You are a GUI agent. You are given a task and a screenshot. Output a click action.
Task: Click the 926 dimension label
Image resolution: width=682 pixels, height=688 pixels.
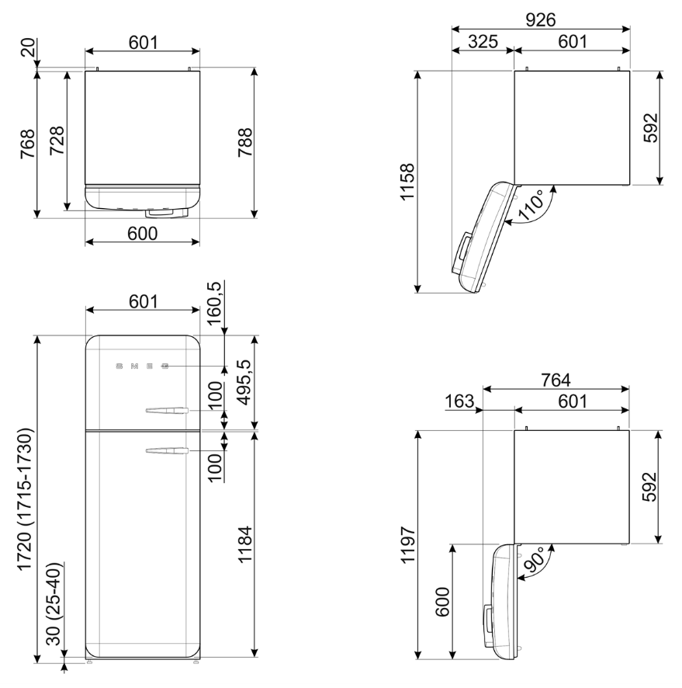point(541,19)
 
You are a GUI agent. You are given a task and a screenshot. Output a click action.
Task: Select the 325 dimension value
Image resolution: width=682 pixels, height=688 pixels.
point(483,42)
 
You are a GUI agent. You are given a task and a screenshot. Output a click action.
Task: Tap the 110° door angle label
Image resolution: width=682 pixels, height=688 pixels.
point(531,205)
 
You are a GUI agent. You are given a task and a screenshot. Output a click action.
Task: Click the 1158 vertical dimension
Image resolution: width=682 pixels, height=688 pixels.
point(407,182)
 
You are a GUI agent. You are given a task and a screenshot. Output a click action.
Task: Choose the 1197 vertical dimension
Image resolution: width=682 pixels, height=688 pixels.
point(407,545)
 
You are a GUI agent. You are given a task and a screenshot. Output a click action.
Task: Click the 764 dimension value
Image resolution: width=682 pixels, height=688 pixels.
point(556,380)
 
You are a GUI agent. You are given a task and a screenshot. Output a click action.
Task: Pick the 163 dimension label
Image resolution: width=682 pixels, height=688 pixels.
point(459,401)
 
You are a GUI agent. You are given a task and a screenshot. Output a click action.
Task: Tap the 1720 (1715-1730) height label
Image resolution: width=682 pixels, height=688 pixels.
point(26,499)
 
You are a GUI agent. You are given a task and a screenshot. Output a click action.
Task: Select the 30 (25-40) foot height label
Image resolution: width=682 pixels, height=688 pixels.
point(55,604)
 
